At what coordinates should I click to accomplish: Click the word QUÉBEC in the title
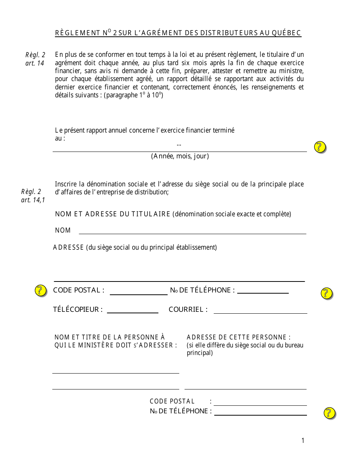point(286,33)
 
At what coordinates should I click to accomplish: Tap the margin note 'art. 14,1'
point(33,200)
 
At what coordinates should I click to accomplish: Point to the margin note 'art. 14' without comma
point(35,63)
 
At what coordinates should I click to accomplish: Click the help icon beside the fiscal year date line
point(320,147)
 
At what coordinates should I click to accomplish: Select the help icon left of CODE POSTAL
point(41,291)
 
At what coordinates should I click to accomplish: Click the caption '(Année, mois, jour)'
point(180,156)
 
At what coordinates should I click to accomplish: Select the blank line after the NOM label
point(192,231)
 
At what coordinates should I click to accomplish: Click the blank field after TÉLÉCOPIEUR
point(133,310)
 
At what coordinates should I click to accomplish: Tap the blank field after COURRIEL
point(260,310)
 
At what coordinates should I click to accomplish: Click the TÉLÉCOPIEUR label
point(78,310)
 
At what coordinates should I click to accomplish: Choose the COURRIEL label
point(188,310)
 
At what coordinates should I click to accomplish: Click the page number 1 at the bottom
point(303,440)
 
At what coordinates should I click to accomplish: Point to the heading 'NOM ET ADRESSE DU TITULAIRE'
point(113,214)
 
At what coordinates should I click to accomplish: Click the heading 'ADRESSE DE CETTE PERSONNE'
point(238,337)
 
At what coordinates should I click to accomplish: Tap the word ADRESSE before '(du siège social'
point(68,247)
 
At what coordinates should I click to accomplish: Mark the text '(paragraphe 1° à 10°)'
point(133,95)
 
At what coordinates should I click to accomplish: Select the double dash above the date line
point(179,145)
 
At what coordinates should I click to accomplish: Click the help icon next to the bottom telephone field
point(330,413)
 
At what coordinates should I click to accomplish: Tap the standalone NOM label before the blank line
point(63,230)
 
